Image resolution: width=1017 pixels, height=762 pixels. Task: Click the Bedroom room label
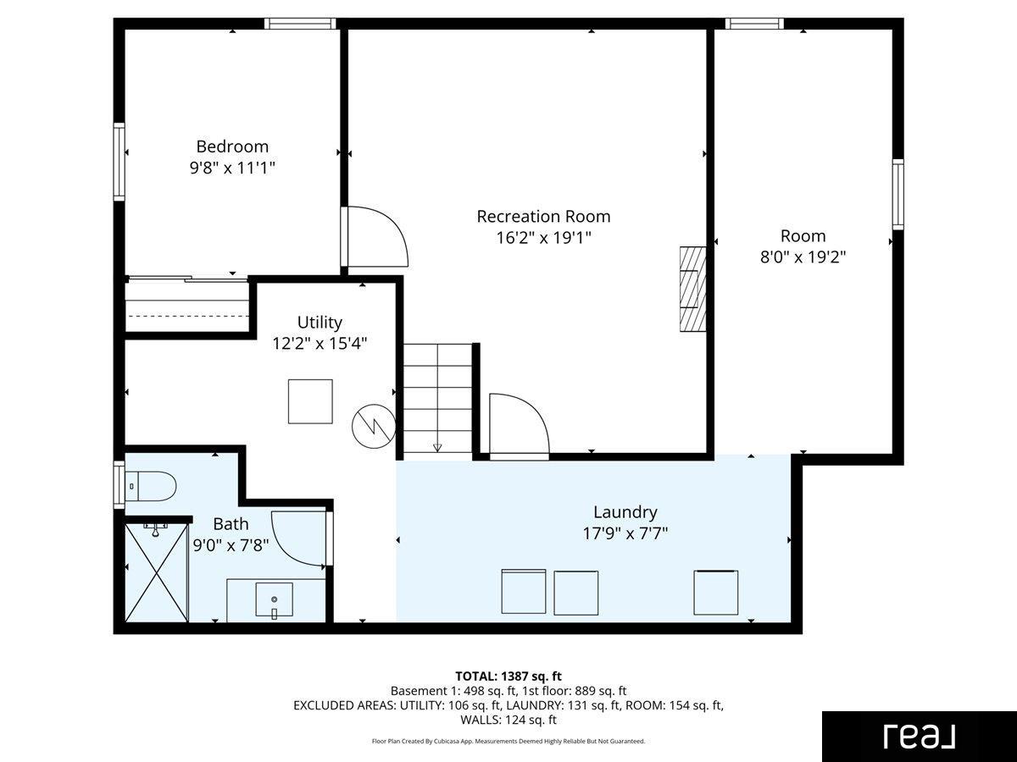[232, 146]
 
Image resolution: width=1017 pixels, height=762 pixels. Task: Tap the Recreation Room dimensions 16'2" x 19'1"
[543, 238]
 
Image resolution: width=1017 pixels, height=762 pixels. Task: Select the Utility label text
[320, 322]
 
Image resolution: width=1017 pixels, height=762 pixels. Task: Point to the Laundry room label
[625, 512]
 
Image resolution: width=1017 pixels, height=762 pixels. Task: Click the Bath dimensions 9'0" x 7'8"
[231, 545]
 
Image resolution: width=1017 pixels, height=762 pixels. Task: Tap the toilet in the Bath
[151, 486]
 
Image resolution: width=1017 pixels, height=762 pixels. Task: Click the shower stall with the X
[157, 573]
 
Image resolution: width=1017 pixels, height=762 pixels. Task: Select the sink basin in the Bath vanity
[275, 599]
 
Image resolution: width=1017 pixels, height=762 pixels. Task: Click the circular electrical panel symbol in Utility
[374, 426]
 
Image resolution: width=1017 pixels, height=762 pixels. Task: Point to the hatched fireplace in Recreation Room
[693, 289]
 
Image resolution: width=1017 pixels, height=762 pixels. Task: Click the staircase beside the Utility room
[437, 398]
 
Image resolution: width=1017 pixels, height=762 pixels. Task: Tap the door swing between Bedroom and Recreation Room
[377, 236]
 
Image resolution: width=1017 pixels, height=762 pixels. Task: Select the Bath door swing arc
[299, 538]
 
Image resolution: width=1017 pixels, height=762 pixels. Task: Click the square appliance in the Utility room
[310, 401]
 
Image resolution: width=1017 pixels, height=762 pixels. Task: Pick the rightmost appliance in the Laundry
[716, 593]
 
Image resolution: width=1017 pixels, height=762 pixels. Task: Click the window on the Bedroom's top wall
[300, 24]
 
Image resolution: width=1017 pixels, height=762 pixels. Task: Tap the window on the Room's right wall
[898, 195]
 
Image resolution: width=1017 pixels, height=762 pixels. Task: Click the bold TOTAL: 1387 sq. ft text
[508, 676]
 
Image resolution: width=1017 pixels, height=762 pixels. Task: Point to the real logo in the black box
[920, 736]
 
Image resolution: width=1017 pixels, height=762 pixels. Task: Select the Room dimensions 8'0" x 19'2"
[803, 257]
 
